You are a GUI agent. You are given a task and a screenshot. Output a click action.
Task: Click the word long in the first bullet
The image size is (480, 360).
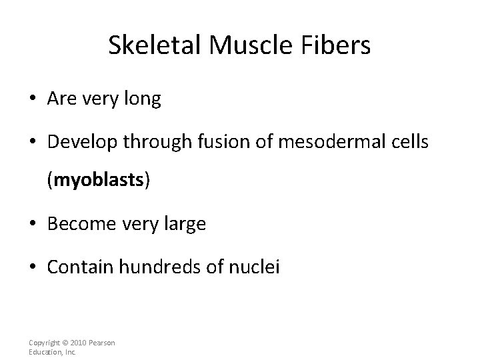145,99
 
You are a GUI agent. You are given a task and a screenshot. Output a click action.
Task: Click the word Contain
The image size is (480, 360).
79,267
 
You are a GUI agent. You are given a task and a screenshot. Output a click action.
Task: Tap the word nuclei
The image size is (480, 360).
257,267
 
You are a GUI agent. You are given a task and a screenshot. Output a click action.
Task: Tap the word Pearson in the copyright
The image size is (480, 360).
102,343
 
